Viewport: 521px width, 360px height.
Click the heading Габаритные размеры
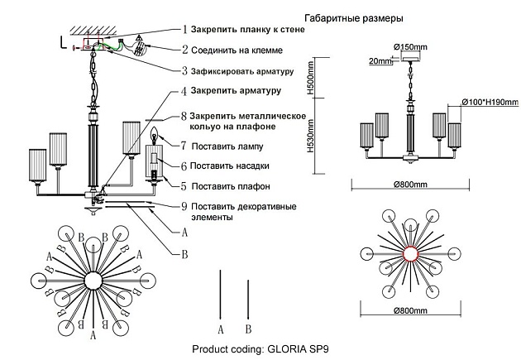[x=354, y=17]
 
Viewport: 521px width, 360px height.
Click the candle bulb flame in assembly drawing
[x=154, y=136]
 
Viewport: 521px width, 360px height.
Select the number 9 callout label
[x=183, y=205]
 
